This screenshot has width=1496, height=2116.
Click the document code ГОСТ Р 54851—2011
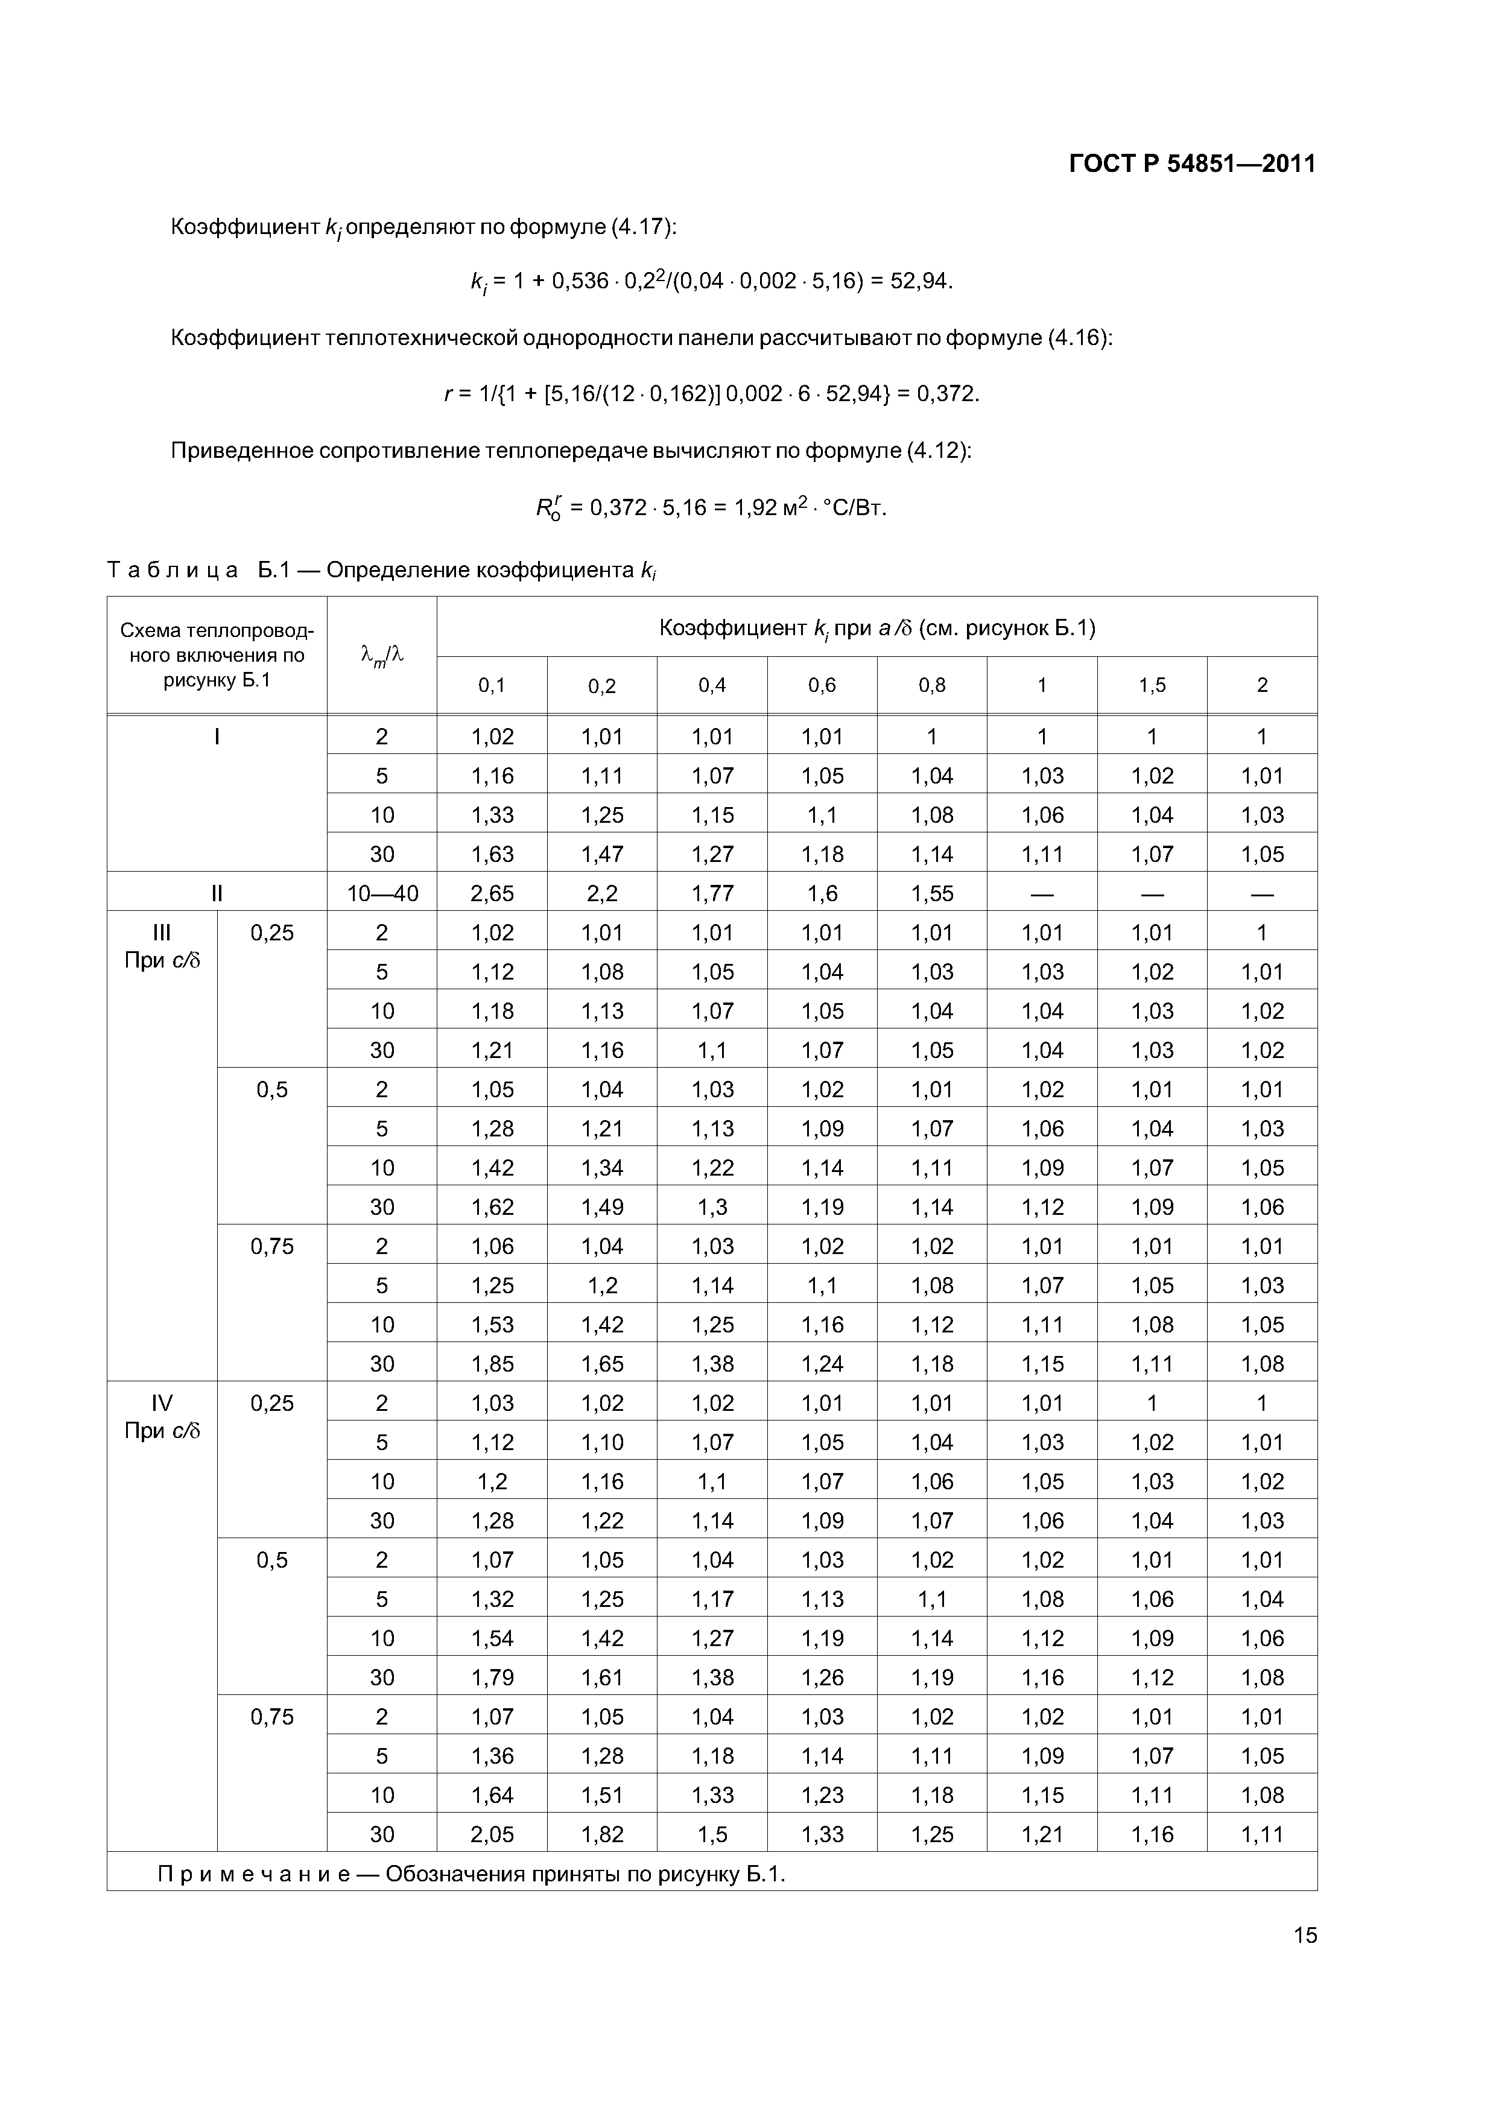pyautogui.click(x=1192, y=164)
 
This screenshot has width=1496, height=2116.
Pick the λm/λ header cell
pyautogui.click(x=382, y=655)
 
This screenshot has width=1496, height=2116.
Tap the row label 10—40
pyautogui.click(x=382, y=893)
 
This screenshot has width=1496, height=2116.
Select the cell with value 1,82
pyautogui.click(x=602, y=1834)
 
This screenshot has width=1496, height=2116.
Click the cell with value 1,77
pyautogui.click(x=712, y=893)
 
